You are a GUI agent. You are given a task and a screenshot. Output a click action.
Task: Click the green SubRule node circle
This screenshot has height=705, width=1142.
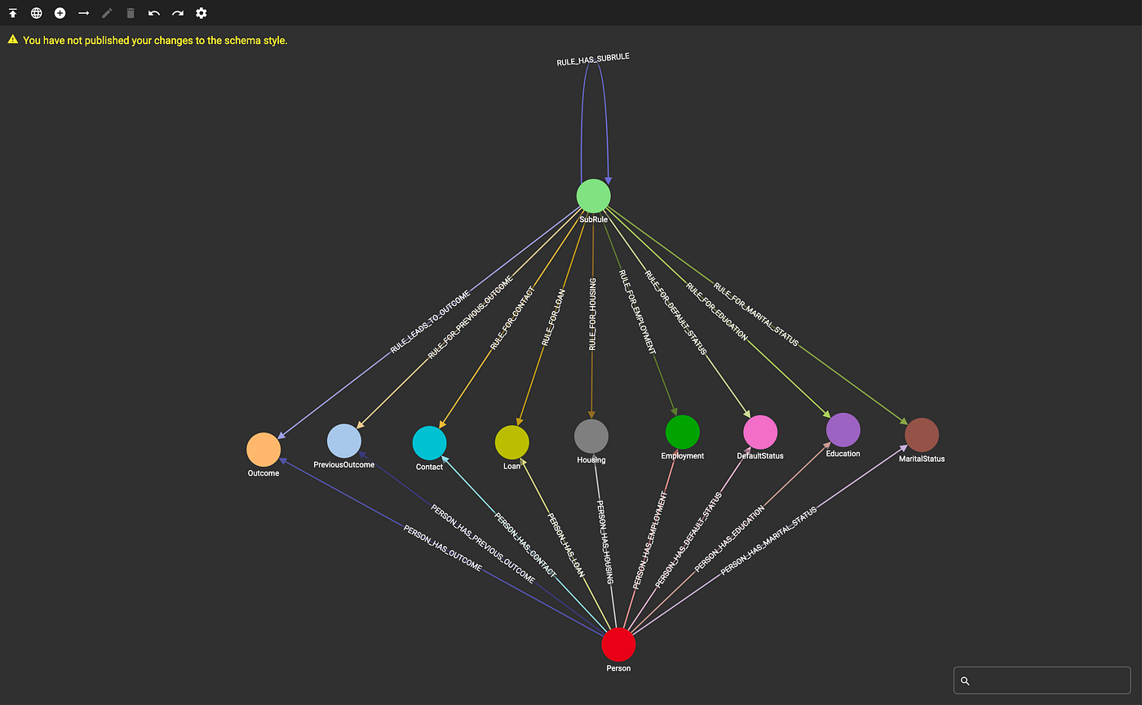[x=593, y=196]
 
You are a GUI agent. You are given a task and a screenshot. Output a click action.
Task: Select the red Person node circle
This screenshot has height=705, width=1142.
[x=618, y=645]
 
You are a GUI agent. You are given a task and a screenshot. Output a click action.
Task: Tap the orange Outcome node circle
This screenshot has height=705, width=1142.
[x=263, y=450]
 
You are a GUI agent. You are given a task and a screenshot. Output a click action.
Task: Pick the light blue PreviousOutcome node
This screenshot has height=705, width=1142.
[x=344, y=441]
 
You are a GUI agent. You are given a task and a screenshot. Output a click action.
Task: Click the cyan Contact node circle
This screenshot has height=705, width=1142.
[x=429, y=443]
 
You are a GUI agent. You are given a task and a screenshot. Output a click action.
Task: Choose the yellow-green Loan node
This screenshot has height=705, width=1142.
[x=511, y=442]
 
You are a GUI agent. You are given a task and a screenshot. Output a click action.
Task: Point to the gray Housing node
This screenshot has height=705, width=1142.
[x=591, y=437]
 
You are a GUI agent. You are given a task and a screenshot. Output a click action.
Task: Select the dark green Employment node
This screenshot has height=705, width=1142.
[x=683, y=432]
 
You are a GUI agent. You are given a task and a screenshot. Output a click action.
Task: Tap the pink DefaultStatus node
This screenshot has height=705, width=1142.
[x=760, y=432]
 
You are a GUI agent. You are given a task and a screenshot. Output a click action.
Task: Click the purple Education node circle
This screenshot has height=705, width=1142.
[x=843, y=430]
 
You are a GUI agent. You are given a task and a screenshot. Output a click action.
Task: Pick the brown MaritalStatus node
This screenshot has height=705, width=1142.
[x=922, y=435]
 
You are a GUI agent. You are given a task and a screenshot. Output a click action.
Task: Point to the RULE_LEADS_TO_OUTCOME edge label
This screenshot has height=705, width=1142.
[x=430, y=321]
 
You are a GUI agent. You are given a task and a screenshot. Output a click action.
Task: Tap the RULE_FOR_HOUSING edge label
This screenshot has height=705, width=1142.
[x=592, y=315]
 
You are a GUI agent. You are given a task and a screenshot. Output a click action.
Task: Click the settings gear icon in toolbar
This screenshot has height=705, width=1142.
[x=201, y=13]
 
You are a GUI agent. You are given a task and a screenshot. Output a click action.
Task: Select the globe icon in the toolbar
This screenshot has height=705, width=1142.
[x=37, y=13]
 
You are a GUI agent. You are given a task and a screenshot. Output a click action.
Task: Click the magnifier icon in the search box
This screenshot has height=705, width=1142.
[x=965, y=681]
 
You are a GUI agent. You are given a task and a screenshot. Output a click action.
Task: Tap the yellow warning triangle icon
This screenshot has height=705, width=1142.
[x=12, y=39]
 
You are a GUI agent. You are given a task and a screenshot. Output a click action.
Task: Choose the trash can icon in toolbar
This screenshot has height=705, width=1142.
[x=131, y=13]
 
